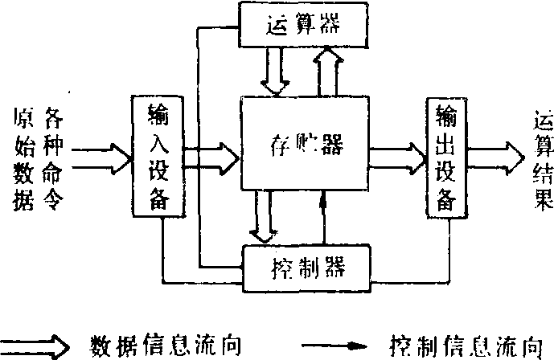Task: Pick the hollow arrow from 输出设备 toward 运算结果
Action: point(495,152)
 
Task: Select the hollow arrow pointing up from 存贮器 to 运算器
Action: point(328,71)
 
